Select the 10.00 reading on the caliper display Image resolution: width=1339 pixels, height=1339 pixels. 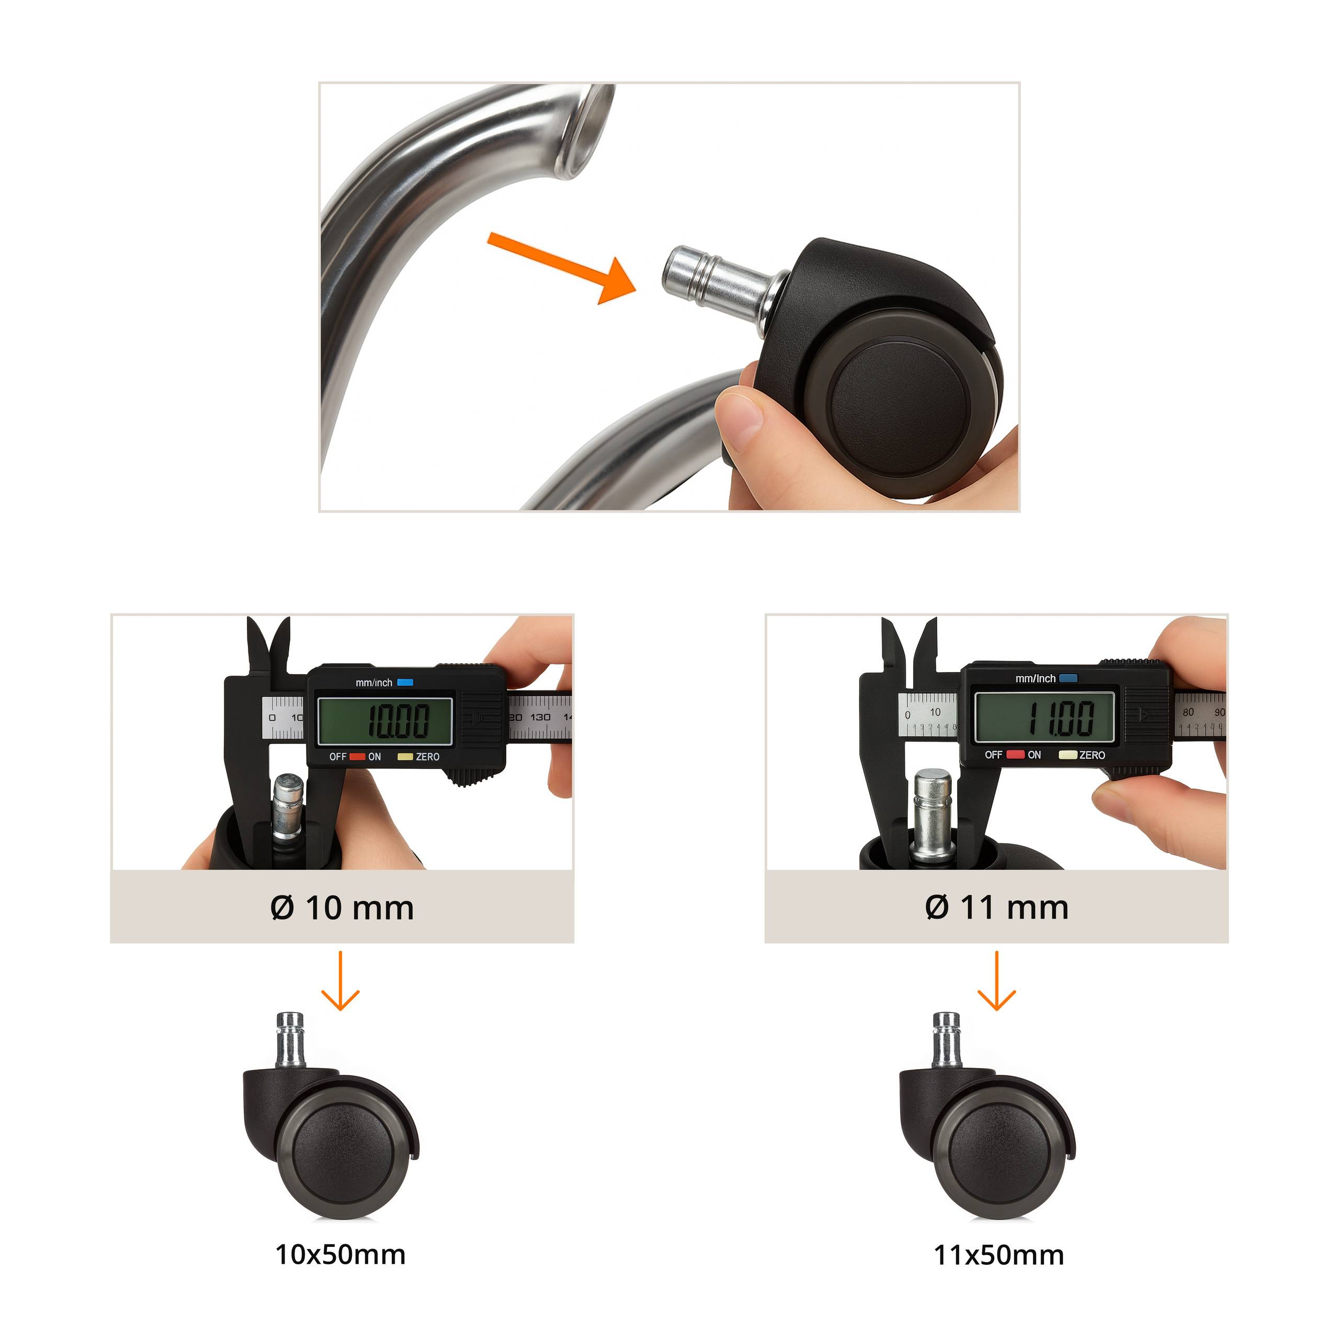coord(398,721)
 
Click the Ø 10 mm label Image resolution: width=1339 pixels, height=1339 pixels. coord(342,908)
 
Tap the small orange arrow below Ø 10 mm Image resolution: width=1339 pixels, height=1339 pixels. coord(341,981)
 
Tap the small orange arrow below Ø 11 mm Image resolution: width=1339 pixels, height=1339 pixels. coord(996,981)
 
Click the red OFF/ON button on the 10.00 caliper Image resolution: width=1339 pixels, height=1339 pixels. coord(357,757)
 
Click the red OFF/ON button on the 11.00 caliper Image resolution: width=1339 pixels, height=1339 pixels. coord(1015,754)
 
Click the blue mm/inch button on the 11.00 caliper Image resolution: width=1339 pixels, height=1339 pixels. coord(1068,678)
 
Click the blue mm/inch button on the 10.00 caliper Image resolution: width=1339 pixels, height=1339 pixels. coord(405,683)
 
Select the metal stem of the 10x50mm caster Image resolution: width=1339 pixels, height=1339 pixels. coord(290,1040)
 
